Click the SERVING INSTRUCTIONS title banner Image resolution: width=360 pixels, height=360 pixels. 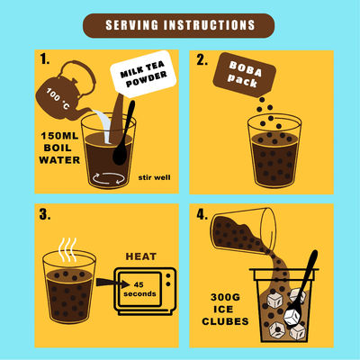(x=179, y=25)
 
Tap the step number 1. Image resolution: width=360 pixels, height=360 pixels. (x=45, y=60)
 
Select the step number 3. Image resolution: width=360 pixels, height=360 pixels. (x=46, y=216)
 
